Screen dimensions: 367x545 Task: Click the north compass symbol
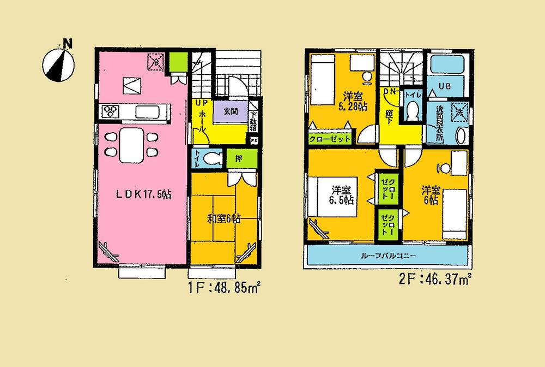58,62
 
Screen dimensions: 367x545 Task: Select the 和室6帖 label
223,219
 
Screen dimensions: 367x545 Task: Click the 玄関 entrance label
230,111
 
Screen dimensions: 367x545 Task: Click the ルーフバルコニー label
388,256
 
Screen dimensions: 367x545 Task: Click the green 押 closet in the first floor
239,159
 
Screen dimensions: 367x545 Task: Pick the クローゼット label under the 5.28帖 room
330,139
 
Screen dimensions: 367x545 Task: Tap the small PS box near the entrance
253,139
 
